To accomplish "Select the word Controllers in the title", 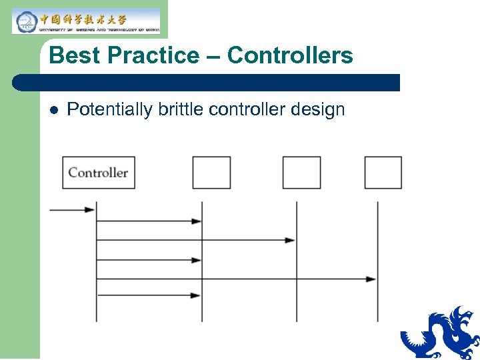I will point(290,56).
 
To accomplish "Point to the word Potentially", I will point(110,110).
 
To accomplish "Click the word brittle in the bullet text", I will point(181,110).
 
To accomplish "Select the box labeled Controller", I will point(99,173).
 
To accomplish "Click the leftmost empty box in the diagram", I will point(211,173).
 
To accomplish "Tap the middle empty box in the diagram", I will point(301,173).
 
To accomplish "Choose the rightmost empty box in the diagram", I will point(383,173).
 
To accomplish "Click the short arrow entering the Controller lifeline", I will point(72,210).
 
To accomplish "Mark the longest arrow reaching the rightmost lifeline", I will point(237,279).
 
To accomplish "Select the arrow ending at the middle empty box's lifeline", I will point(196,239).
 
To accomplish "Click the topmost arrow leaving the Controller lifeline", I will point(149,221).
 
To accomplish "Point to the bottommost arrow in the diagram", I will point(149,295).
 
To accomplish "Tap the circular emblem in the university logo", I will point(25,21).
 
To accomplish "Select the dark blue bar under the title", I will point(207,83).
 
